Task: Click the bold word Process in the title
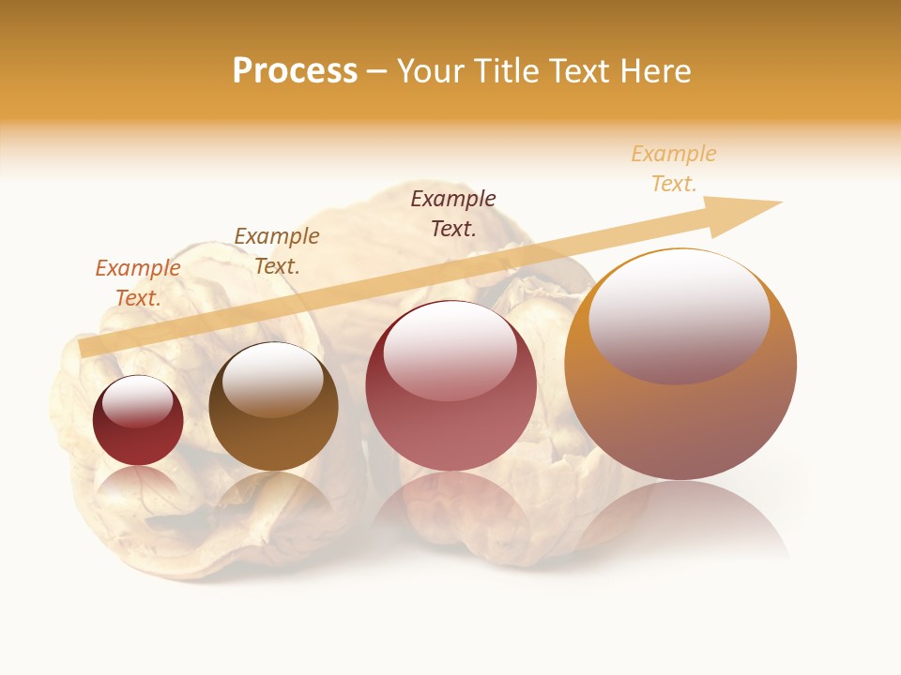pos(295,71)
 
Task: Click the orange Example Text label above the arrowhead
pos(674,169)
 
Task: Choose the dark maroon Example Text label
pos(453,214)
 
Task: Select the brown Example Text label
pos(277,251)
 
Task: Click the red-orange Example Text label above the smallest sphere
pos(138,283)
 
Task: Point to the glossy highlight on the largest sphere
pos(679,314)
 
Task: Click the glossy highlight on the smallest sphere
pos(137,401)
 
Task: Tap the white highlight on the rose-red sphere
pos(450,349)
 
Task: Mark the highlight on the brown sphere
pos(272,378)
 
